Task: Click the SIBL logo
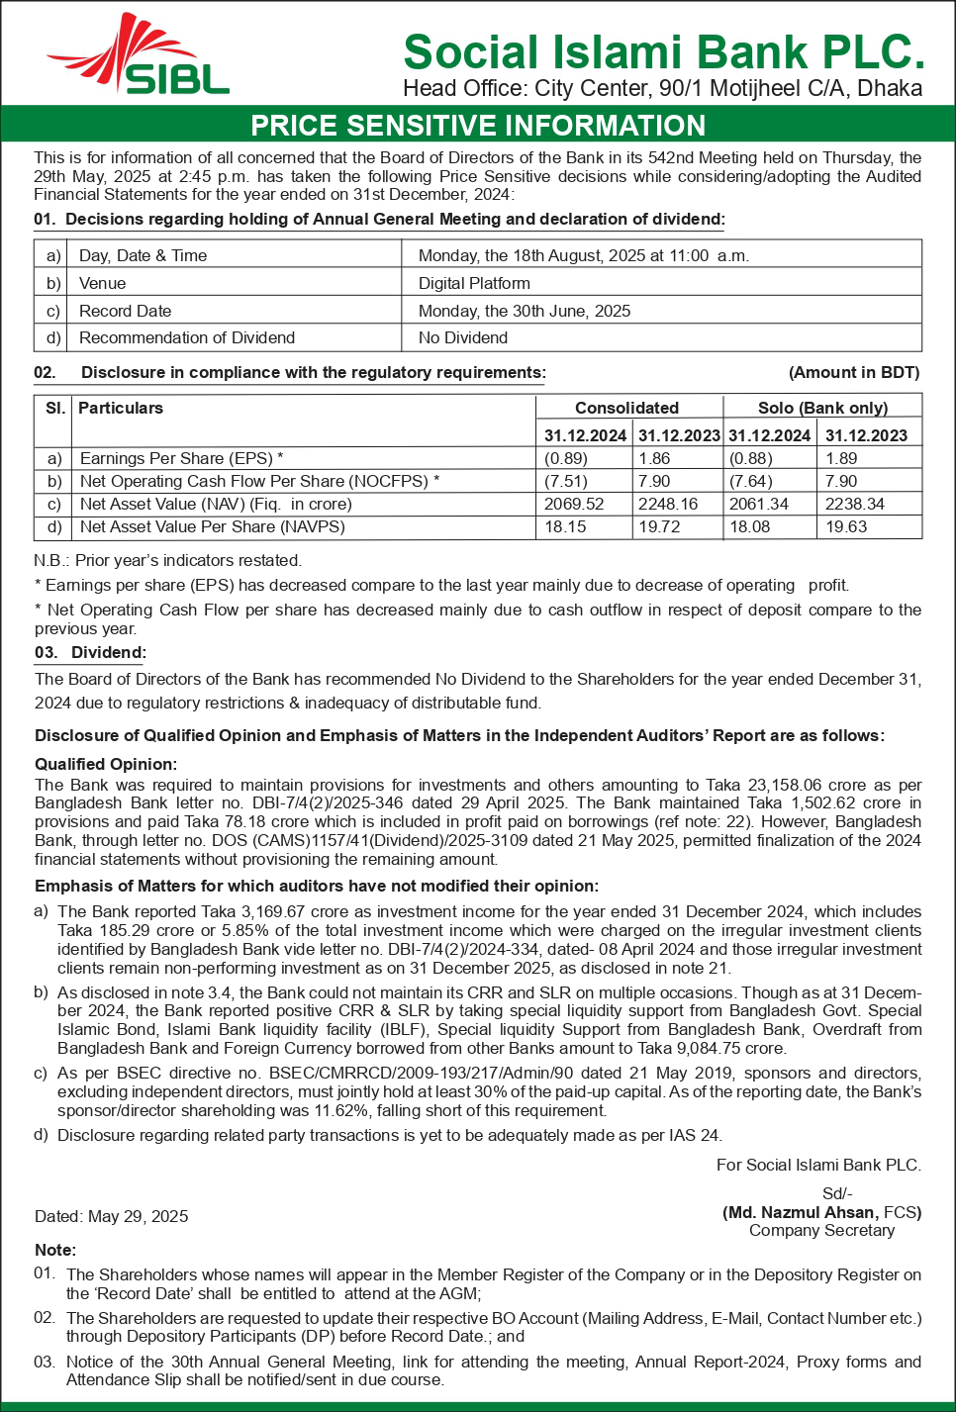[x=139, y=57]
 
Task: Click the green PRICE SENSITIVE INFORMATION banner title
[x=478, y=126]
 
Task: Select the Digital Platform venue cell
[x=474, y=283]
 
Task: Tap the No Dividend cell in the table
[x=463, y=337]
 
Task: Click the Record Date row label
[x=125, y=311]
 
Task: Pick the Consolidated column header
[x=626, y=408]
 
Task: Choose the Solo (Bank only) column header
[x=822, y=408]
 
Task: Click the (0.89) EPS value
[x=566, y=458]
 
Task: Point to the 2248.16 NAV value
[x=668, y=504]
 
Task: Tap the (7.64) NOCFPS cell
[x=751, y=481]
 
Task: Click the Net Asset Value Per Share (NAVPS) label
[x=212, y=526]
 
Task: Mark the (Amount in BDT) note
[x=854, y=373]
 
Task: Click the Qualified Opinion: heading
[x=106, y=764]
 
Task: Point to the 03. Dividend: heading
[x=90, y=653]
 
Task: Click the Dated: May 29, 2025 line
[x=111, y=1216]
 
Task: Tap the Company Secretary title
[x=821, y=1230]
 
